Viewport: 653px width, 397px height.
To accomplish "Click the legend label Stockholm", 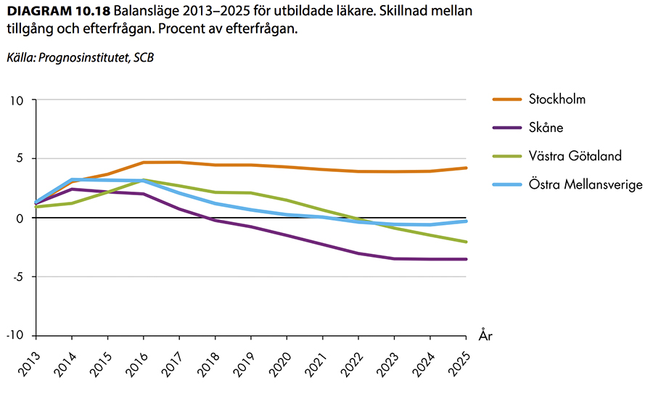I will click(557, 99).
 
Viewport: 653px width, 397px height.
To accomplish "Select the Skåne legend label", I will click(546, 128).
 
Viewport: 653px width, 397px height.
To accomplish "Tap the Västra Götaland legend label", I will click(575, 156).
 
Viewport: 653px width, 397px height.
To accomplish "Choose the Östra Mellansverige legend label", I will click(586, 184).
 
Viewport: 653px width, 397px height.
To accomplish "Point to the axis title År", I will click(485, 335).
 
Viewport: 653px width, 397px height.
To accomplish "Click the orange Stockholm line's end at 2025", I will click(467, 168).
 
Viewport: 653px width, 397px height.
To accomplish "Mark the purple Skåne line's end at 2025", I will click(467, 259).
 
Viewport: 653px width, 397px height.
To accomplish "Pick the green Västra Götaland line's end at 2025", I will click(467, 242).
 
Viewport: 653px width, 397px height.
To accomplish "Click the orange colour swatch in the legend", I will click(507, 99).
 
